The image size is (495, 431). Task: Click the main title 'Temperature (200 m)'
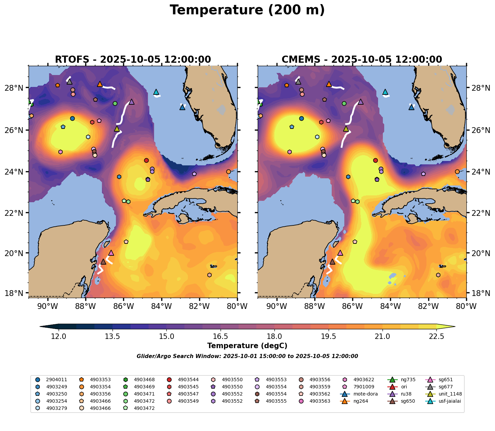click(x=247, y=10)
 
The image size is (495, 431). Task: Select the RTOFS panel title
click(x=133, y=59)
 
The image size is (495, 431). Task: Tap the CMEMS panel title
click(x=362, y=59)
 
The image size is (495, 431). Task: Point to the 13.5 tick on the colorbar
click(x=112, y=337)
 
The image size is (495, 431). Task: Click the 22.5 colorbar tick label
click(x=436, y=337)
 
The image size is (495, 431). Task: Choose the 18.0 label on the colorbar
click(x=274, y=337)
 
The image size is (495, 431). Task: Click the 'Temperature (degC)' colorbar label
click(x=247, y=346)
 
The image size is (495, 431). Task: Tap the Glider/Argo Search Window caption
click(x=247, y=356)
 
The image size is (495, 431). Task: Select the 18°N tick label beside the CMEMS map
click(x=481, y=293)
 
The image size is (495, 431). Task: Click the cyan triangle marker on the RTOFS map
click(x=156, y=92)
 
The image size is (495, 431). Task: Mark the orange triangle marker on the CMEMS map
click(x=329, y=84)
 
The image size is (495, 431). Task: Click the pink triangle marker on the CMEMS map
click(x=340, y=253)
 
